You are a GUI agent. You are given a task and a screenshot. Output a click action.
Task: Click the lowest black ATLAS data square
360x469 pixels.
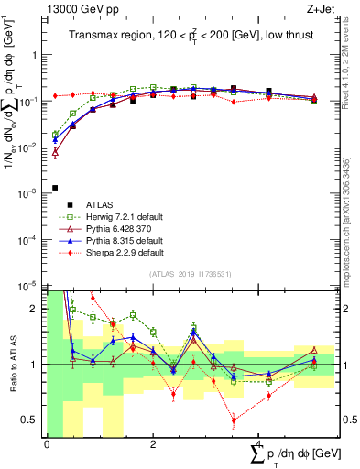[55, 188]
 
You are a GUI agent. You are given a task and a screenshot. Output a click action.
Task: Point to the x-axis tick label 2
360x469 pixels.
[152, 443]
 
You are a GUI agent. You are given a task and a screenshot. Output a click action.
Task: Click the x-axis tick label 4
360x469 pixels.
[258, 443]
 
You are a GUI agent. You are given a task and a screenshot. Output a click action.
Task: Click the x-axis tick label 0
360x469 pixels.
[47, 443]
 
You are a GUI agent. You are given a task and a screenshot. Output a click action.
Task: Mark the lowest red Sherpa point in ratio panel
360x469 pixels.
[234, 420]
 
